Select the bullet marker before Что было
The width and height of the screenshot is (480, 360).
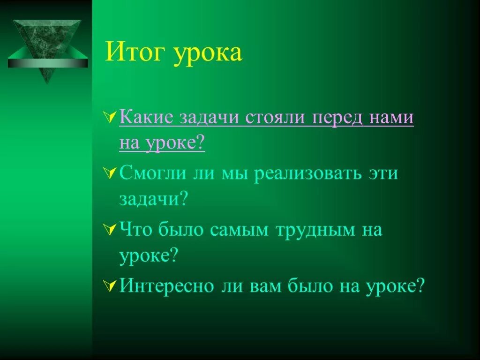click(111, 230)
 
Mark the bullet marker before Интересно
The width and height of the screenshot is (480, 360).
click(111, 286)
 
